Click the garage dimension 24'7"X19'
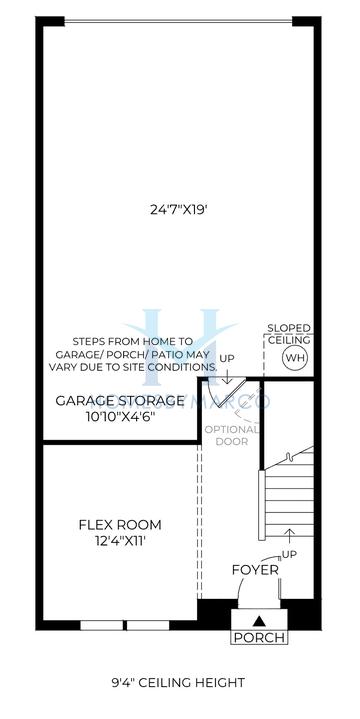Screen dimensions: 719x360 point(179,210)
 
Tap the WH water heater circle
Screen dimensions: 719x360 point(295,358)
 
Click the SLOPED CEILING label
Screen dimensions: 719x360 point(288,334)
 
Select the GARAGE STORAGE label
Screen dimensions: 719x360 point(119,400)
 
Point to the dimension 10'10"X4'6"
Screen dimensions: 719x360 point(119,417)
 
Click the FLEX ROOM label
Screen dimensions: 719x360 point(120,525)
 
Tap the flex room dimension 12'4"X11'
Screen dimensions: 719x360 point(120,542)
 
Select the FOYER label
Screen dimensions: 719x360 point(255,570)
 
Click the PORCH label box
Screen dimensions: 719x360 point(258,637)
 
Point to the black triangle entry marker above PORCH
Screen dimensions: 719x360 point(258,620)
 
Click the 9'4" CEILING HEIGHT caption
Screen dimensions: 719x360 point(178,683)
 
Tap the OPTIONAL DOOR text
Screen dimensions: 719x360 point(231,436)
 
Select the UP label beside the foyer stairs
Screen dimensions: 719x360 point(291,553)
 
